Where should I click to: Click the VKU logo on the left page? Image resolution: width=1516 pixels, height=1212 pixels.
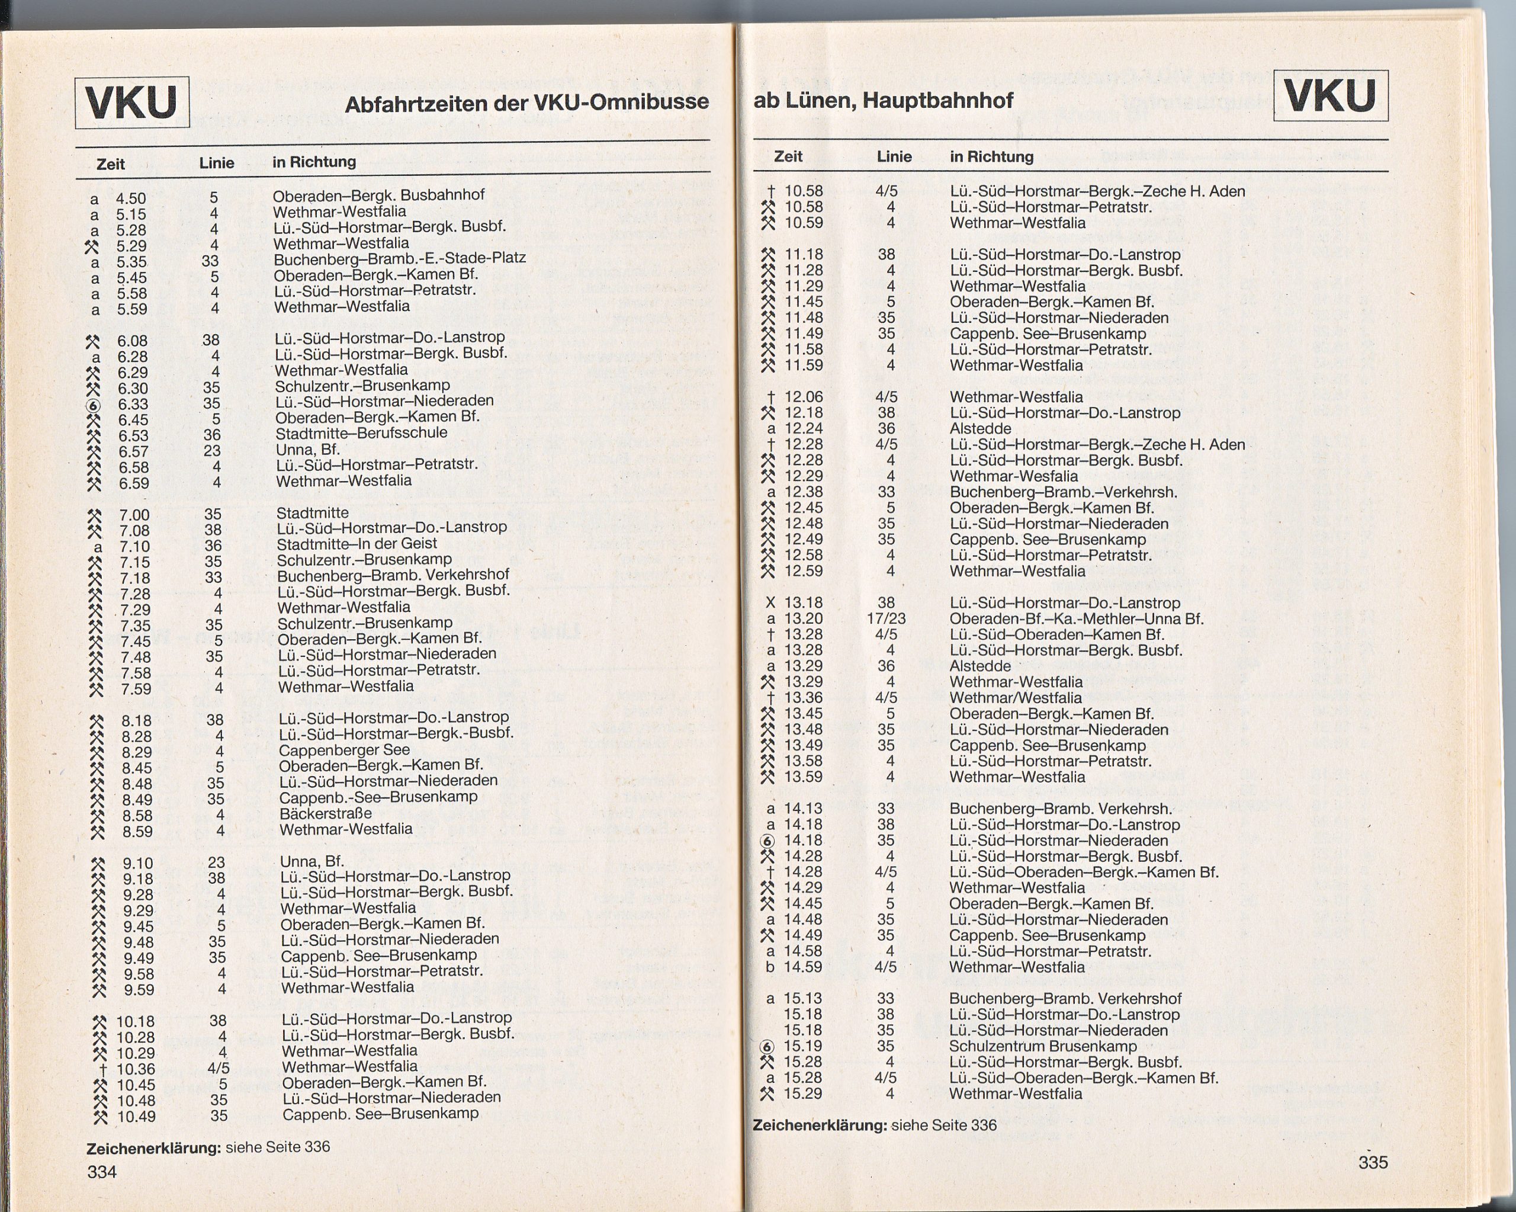[x=131, y=102]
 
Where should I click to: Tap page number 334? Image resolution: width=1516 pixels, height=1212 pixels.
[x=101, y=1172]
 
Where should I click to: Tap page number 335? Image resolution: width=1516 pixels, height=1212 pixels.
[x=1373, y=1162]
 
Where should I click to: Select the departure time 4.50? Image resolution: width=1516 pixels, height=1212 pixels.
[x=131, y=198]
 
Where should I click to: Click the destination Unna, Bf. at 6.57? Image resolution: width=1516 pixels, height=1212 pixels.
[x=307, y=449]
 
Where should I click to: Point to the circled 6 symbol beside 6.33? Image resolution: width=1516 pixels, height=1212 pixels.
[x=94, y=405]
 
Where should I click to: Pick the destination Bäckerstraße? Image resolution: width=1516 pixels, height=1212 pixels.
[x=325, y=814]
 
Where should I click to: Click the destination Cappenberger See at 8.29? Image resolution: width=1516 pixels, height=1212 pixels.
[x=344, y=750]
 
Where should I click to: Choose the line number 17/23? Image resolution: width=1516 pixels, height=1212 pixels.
[x=886, y=619]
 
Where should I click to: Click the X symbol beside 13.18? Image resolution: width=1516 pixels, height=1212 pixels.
[x=770, y=603]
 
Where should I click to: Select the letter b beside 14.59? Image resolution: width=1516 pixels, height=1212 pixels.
[x=770, y=967]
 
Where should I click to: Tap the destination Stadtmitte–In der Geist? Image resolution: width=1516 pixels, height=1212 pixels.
[x=356, y=544]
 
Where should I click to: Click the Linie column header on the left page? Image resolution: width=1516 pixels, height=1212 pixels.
[x=216, y=163]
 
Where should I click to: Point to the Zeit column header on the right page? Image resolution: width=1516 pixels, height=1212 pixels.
[x=788, y=156]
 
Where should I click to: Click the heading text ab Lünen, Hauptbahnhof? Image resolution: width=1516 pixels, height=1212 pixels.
[x=882, y=101]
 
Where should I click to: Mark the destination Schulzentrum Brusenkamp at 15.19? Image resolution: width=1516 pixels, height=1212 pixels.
[x=1042, y=1046]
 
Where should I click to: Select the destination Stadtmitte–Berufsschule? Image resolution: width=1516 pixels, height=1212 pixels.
[x=361, y=432]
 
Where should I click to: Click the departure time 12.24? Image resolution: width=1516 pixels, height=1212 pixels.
[x=803, y=429]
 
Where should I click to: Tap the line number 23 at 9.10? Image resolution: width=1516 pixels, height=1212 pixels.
[x=216, y=862]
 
